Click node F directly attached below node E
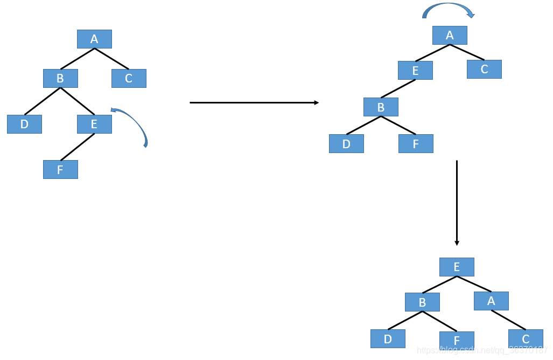60,169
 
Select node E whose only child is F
94,124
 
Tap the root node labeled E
457,267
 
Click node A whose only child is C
491,301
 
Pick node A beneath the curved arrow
450,35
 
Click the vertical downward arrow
457,203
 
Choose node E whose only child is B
415,70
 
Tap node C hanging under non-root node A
526,338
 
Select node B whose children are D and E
60,78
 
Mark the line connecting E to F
78,147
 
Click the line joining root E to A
474,283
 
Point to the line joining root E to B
439,285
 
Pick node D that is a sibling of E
24,124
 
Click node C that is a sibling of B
129,78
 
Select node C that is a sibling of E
484,69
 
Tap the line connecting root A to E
432,53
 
